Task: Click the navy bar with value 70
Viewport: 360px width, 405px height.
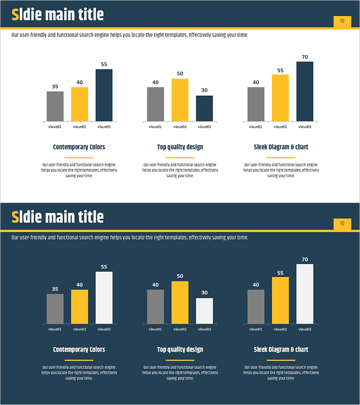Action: pyautogui.click(x=305, y=91)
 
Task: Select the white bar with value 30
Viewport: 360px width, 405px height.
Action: pyautogui.click(x=204, y=311)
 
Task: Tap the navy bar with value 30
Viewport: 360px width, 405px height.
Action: pyautogui.click(x=204, y=108)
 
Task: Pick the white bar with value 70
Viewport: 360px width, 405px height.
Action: pyautogui.click(x=305, y=294)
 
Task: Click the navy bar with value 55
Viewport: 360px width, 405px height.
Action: pyautogui.click(x=104, y=95)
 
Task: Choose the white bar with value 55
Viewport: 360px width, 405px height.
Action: pyautogui.click(x=104, y=297)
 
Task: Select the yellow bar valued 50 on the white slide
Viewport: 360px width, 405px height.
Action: pyautogui.click(x=180, y=100)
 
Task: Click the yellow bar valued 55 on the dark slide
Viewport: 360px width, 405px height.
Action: pyautogui.click(x=280, y=300)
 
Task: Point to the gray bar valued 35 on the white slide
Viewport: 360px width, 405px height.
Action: pyautogui.click(x=55, y=106)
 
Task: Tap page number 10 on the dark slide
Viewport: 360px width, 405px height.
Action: pyautogui.click(x=342, y=224)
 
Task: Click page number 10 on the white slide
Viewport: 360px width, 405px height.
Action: pyautogui.click(x=342, y=21)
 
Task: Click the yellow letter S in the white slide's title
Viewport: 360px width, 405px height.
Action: pyautogui.click(x=15, y=15)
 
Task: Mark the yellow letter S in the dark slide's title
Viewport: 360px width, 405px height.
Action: pyautogui.click(x=15, y=217)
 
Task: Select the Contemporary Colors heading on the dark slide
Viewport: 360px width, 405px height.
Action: pyautogui.click(x=79, y=350)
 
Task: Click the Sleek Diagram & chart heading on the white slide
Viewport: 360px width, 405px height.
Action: pyautogui.click(x=281, y=147)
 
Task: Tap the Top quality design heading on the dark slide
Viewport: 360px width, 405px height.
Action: pyautogui.click(x=180, y=350)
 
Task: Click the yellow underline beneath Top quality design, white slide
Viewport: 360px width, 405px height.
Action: pyautogui.click(x=180, y=158)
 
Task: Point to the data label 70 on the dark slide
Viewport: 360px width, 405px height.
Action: pyautogui.click(x=305, y=260)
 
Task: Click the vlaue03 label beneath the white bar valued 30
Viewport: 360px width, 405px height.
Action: pyautogui.click(x=204, y=329)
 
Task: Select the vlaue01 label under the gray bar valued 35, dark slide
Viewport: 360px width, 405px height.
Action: pyautogui.click(x=55, y=329)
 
